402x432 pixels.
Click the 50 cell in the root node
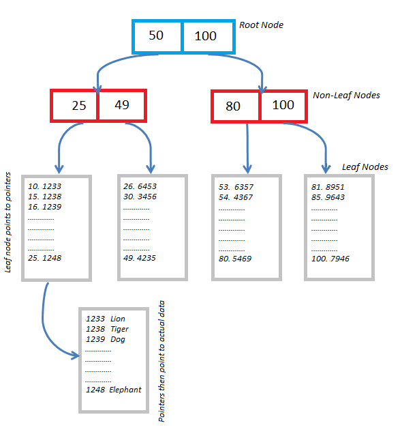point(157,36)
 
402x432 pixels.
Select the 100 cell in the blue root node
point(206,36)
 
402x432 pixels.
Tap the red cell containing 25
point(75,106)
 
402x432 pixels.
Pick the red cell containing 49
point(122,106)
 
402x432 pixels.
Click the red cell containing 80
point(235,106)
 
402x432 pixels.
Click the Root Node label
point(261,25)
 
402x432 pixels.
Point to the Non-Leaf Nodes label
point(346,96)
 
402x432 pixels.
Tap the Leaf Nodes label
point(365,167)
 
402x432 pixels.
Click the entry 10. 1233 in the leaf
point(45,186)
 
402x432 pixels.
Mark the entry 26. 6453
point(140,186)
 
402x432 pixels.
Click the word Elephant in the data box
point(125,390)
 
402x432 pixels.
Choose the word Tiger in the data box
point(119,329)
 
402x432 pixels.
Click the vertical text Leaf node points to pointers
point(9,222)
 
